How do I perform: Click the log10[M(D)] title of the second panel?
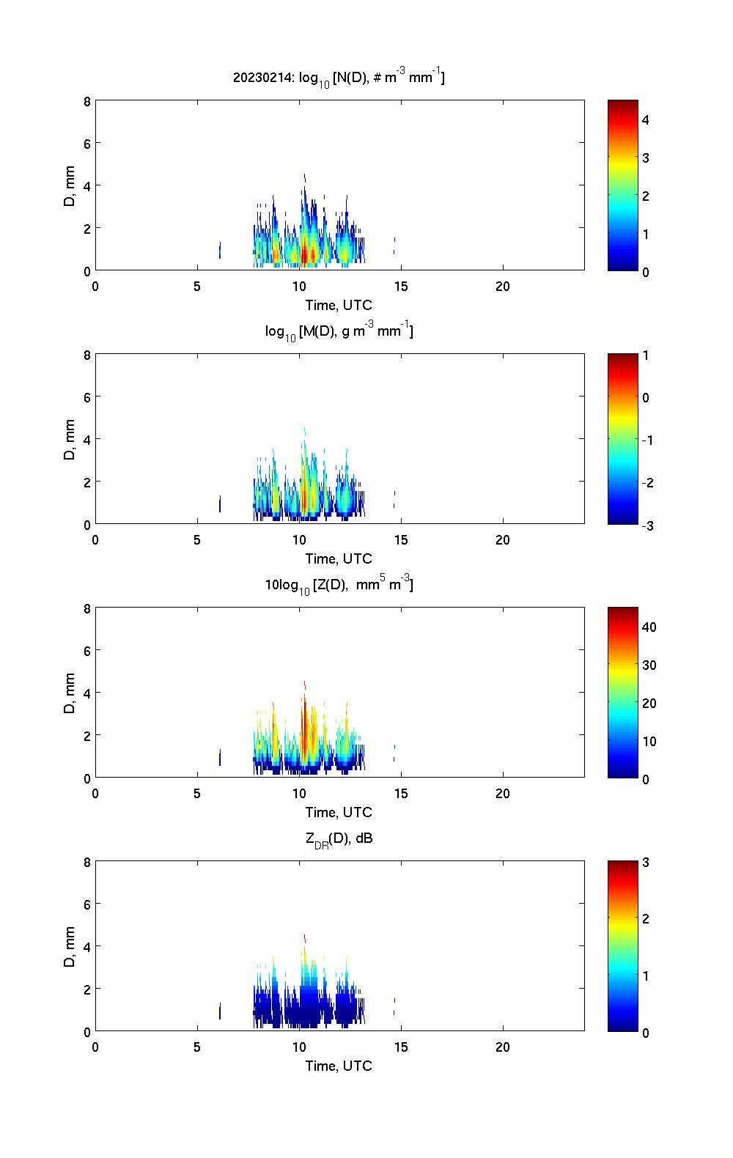pos(339,331)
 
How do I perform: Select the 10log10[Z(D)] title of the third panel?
pos(339,585)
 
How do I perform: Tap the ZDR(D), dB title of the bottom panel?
pos(339,838)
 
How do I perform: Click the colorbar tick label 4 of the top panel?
pos(646,119)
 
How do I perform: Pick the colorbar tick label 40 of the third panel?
pos(649,627)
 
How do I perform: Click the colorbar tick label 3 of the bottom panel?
pos(646,863)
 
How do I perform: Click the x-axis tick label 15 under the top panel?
pos(400,287)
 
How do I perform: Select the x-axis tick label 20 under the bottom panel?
pos(502,1047)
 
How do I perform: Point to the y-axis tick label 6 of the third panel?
pos(87,651)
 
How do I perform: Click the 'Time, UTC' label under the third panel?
pos(339,812)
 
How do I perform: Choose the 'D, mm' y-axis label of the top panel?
pos(70,185)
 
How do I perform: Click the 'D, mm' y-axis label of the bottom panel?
pos(70,946)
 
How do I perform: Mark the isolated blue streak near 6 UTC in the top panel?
pos(220,250)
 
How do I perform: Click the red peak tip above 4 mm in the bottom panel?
pos(304,937)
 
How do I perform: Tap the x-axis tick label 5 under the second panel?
pos(196,540)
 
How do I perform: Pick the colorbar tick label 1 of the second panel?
pos(646,355)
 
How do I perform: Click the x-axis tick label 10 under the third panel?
pos(298,794)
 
